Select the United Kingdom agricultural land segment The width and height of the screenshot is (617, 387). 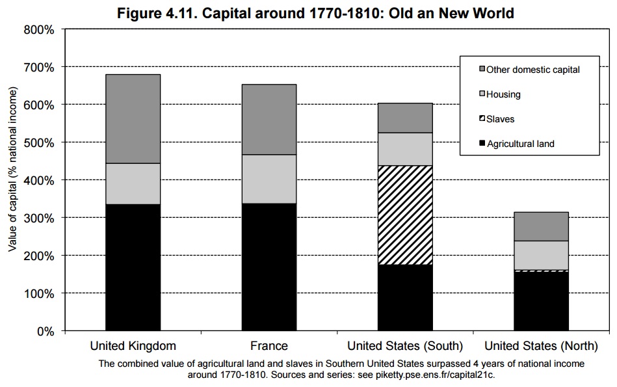133,267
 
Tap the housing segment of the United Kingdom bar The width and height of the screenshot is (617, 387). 133,183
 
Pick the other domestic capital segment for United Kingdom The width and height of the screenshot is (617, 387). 133,118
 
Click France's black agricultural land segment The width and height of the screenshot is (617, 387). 269,267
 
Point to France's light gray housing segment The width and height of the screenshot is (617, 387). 269,179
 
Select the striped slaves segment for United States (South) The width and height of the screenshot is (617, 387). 405,215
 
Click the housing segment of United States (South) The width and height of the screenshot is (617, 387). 405,149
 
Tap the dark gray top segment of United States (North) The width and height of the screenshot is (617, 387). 541,226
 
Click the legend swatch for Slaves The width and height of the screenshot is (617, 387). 482,119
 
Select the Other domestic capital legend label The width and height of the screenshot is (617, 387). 532,70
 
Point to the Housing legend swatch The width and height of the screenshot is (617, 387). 482,94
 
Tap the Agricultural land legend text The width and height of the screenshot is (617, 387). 521,144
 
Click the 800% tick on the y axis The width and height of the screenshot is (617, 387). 41,30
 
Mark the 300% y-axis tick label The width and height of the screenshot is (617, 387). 41,218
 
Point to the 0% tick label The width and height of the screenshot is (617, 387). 46,331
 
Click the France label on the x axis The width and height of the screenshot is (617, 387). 269,345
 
